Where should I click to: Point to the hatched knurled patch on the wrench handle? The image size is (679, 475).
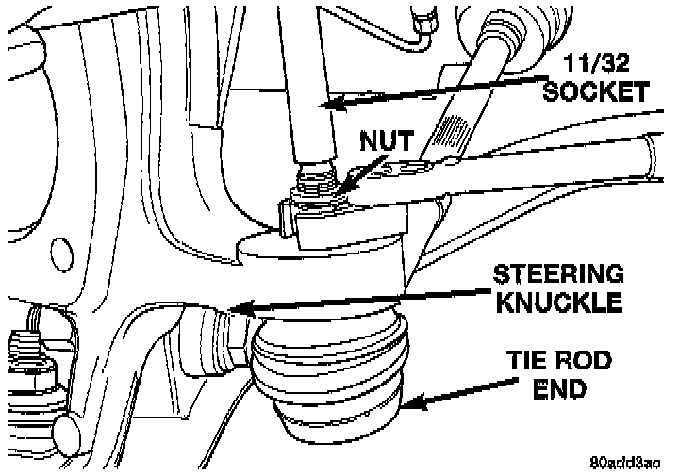[453, 131]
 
